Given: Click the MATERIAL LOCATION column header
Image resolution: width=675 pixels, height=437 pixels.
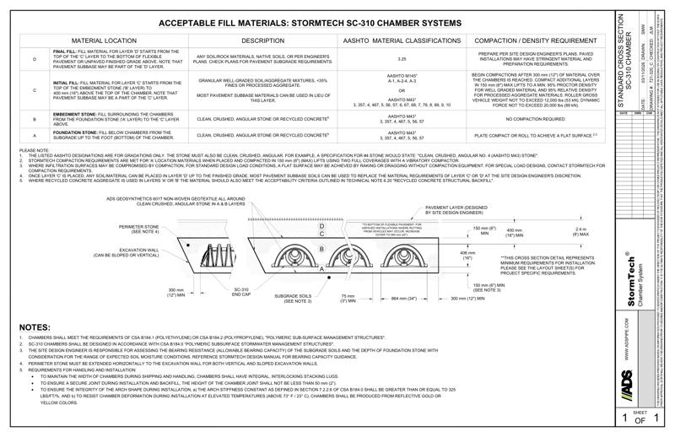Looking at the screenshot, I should pos(104,40).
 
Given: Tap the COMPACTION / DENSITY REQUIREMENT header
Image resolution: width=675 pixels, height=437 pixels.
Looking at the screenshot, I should pos(536,40).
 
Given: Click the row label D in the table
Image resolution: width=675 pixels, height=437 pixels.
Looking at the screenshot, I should pos(35,58).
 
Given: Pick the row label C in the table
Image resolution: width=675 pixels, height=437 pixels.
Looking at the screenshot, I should pos(35,89).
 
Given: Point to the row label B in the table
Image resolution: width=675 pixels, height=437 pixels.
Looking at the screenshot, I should pos(35,121).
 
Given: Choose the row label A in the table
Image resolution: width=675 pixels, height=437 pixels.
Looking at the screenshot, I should pos(35,135).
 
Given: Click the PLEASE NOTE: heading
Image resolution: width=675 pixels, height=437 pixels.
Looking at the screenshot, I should pos(35,150).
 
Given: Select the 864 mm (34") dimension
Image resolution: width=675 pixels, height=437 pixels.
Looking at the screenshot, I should pos(399,298).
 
